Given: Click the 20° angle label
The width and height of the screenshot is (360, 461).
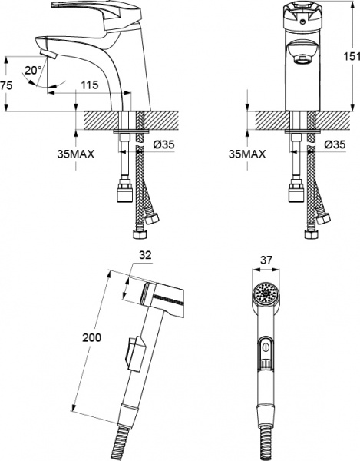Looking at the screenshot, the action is click(x=33, y=70).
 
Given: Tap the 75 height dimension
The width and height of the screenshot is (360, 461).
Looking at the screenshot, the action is click(x=6, y=85).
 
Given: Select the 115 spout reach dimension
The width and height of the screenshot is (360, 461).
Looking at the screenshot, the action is click(x=90, y=85).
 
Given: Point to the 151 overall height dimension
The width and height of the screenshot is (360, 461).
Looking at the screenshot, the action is click(x=352, y=56).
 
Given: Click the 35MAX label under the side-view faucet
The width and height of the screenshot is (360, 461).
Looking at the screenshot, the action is click(x=76, y=154).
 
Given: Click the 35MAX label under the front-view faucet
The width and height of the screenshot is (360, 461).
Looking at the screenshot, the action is click(x=247, y=154).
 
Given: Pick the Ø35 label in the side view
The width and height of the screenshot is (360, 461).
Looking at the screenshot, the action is click(x=163, y=144).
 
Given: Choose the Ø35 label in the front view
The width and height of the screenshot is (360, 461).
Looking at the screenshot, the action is click(x=335, y=144).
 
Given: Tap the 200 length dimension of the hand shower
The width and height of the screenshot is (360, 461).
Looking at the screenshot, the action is click(x=91, y=337).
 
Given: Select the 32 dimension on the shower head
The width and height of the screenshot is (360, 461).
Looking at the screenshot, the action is click(x=145, y=255).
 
